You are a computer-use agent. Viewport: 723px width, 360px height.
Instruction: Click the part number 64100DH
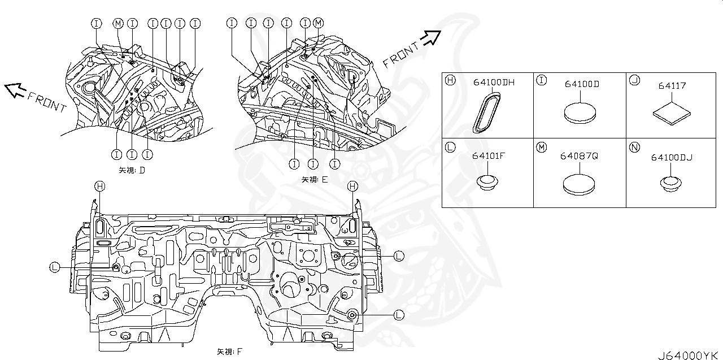click(x=494, y=83)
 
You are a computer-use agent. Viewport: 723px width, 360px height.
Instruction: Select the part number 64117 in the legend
click(x=672, y=86)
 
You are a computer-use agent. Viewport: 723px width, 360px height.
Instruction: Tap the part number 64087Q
click(x=579, y=155)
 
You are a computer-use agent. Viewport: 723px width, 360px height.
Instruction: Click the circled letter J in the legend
click(x=634, y=80)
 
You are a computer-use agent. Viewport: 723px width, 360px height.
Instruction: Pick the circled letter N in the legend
click(x=634, y=148)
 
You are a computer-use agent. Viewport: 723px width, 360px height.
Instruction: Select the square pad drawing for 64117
click(x=672, y=114)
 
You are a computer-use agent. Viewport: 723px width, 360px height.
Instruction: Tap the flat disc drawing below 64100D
click(x=580, y=111)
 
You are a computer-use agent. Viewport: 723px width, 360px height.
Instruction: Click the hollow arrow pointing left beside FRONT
click(x=15, y=88)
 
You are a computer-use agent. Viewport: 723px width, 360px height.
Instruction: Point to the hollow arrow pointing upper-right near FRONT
click(x=431, y=37)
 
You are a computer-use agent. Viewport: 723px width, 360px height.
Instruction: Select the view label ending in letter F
click(x=229, y=352)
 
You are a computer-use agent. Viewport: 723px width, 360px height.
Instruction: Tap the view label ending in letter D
click(x=132, y=170)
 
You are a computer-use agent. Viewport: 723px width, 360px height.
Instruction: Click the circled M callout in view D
click(x=117, y=23)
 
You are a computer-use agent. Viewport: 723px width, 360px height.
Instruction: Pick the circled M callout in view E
click(x=319, y=23)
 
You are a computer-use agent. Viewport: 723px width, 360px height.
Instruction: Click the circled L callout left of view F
click(x=55, y=267)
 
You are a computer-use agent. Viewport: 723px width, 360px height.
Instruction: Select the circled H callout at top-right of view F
click(x=352, y=186)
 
